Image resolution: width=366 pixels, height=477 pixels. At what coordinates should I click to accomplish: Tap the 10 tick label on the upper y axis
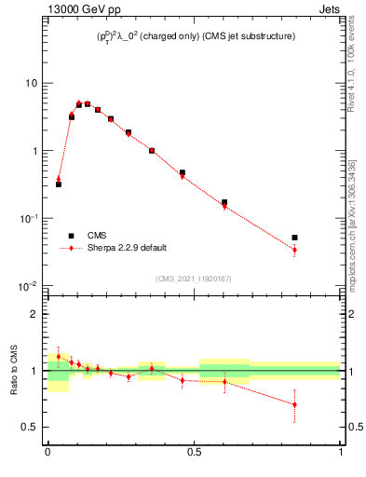pos(31,83)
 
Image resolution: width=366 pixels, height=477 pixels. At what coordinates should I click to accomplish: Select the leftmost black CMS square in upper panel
pos(59,184)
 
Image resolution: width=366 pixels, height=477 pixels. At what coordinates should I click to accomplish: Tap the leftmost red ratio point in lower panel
pos(59,356)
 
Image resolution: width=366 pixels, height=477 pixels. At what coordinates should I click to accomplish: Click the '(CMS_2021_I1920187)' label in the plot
pos(193,279)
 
